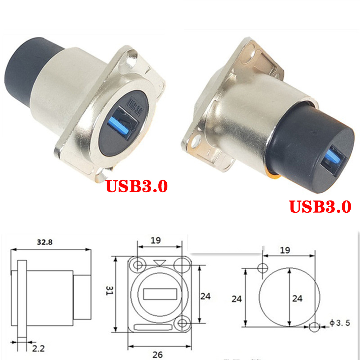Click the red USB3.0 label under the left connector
(136, 186)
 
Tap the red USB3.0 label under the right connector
(320, 207)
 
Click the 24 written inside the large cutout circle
(297, 298)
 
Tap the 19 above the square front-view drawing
(156, 240)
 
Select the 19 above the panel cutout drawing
(285, 250)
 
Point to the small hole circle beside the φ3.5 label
(314, 327)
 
